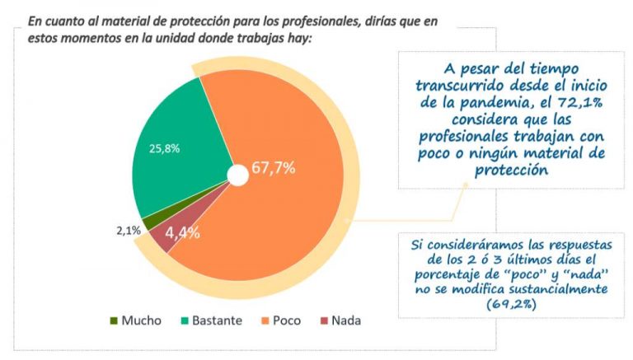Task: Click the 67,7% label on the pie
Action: tap(274, 168)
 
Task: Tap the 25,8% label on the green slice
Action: tap(164, 148)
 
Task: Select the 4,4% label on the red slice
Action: tap(182, 232)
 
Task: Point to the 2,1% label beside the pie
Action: tap(128, 231)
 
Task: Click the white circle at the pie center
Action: tap(237, 175)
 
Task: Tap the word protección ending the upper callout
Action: tap(512, 171)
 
